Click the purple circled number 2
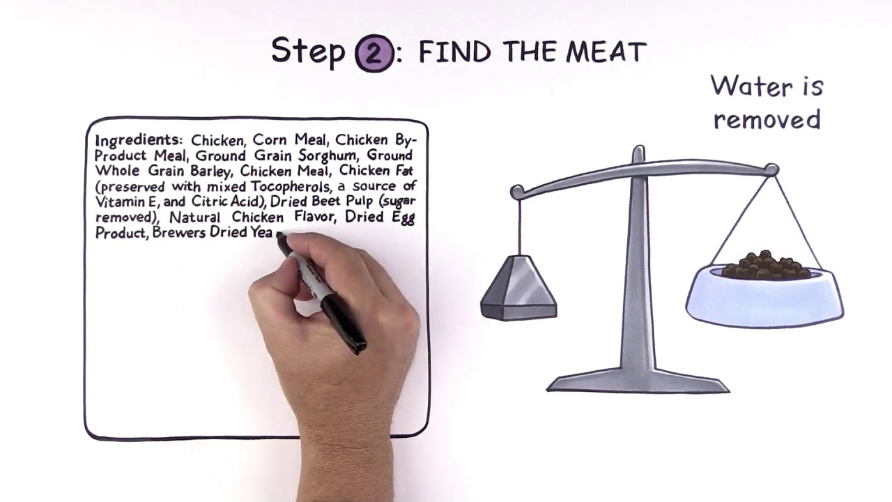[374, 54]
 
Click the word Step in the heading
[308, 52]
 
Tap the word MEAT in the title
[606, 52]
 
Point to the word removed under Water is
[767, 119]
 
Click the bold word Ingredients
[138, 141]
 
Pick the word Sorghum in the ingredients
[328, 155]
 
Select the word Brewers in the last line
[179, 232]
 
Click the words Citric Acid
[228, 201]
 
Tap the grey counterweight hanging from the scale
[518, 288]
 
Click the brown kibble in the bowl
[767, 265]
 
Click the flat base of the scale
[638, 383]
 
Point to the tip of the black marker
[280, 236]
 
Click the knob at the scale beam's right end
[771, 169]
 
